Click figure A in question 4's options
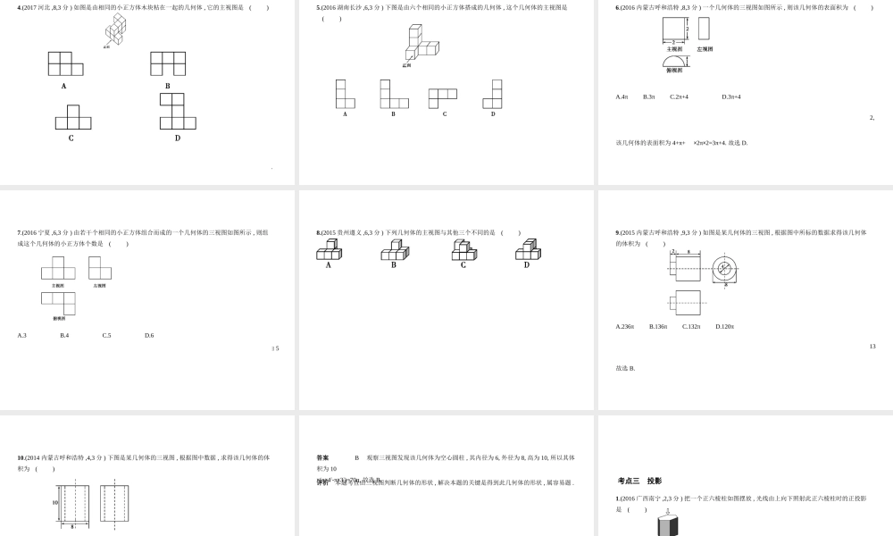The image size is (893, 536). pyautogui.click(x=65, y=63)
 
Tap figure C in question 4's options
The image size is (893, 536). pyautogui.click(x=72, y=118)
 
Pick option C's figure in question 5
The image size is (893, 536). pyautogui.click(x=442, y=97)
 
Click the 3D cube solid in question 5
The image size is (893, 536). pyautogui.click(x=421, y=43)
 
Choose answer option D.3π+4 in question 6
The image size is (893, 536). pyautogui.click(x=731, y=96)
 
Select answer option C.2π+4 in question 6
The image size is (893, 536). pyautogui.click(x=679, y=96)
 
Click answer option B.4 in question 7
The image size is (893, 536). pyautogui.click(x=64, y=335)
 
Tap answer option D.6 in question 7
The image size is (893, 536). pyautogui.click(x=149, y=335)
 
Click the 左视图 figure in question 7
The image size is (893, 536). pyautogui.click(x=99, y=268)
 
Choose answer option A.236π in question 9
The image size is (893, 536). pyautogui.click(x=624, y=326)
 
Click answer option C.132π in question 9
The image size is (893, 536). pyautogui.click(x=691, y=326)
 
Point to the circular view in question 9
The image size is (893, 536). pyautogui.click(x=724, y=268)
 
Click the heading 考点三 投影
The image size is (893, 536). pyautogui.click(x=639, y=481)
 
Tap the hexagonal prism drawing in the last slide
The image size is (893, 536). pyautogui.click(x=667, y=525)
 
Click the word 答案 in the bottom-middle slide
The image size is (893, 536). pyautogui.click(x=322, y=457)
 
